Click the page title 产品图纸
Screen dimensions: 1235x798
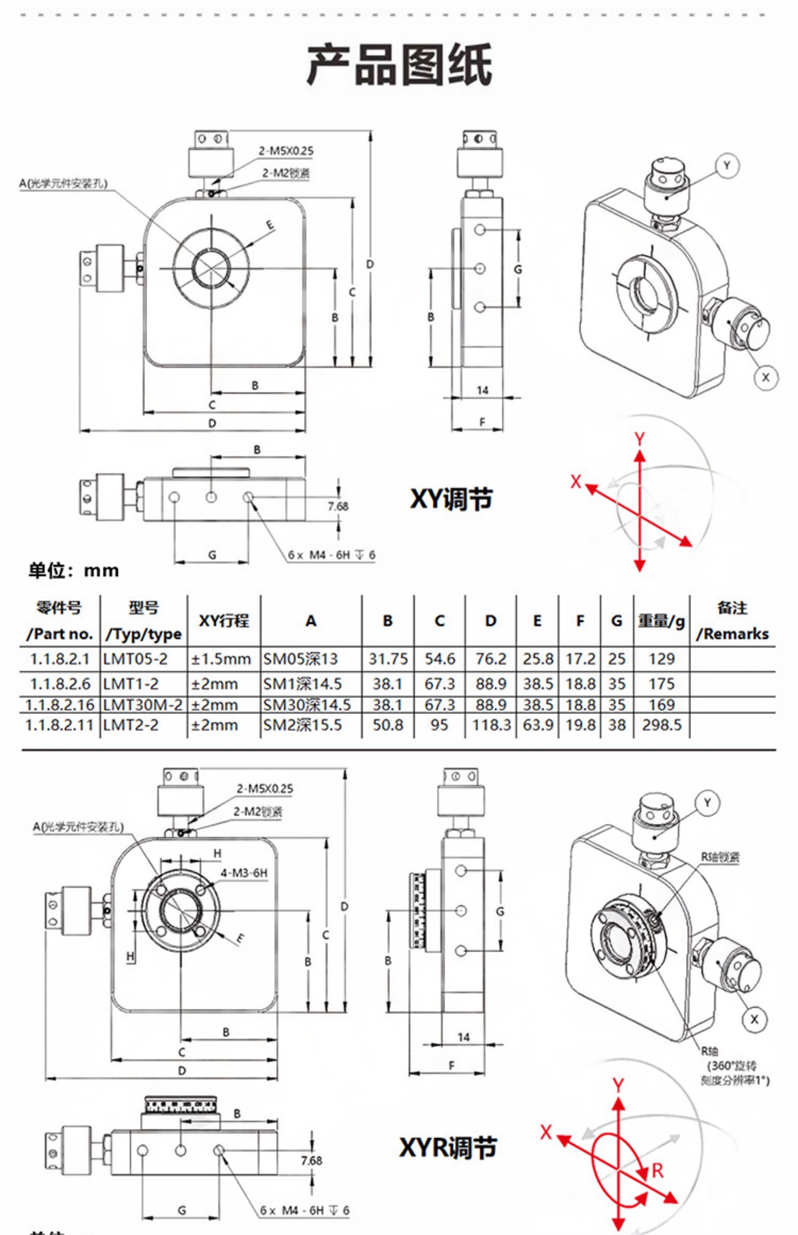tap(399, 65)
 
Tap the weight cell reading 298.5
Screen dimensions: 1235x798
tap(661, 725)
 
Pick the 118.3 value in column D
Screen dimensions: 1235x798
tap(491, 725)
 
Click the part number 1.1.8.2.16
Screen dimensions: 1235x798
tap(60, 705)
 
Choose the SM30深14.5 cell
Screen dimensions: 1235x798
tap(307, 705)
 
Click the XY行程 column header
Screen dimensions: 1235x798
tap(224, 620)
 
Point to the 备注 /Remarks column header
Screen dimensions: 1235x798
tap(732, 620)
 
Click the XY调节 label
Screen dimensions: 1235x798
tap(451, 500)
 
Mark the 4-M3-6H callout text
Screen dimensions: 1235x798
tap(244, 873)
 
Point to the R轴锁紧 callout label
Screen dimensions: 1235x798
tap(720, 857)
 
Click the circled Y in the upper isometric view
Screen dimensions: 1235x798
tap(727, 166)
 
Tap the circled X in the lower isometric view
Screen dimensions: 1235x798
tap(754, 1019)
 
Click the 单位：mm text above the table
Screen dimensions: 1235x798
tap(74, 571)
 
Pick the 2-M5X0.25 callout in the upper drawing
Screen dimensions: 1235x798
tap(286, 151)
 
